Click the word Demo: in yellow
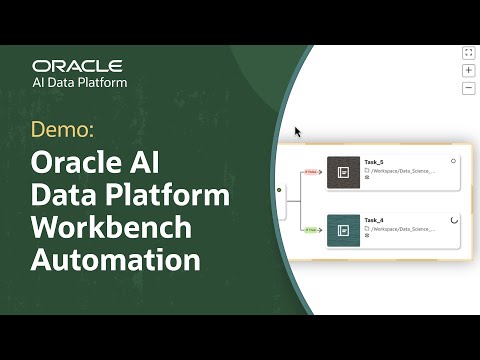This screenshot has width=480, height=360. tap(64, 130)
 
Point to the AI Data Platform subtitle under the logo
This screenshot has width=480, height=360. tap(80, 83)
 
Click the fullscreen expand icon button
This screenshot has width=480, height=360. tap(468, 53)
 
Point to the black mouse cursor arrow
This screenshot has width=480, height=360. tap(297, 131)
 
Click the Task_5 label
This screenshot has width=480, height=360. tap(374, 162)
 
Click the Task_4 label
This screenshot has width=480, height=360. tap(374, 220)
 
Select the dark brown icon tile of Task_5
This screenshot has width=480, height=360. tap(342, 172)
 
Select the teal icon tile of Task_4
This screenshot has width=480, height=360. tap(342, 230)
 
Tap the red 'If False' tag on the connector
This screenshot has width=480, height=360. tap(311, 172)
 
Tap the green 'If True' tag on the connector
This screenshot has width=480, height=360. tap(311, 230)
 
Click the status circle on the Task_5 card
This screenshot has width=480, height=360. tap(454, 160)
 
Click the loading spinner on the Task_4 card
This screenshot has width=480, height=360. tap(454, 219)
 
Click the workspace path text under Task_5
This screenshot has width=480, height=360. tap(401, 171)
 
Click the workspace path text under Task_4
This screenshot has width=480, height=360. tap(401, 229)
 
